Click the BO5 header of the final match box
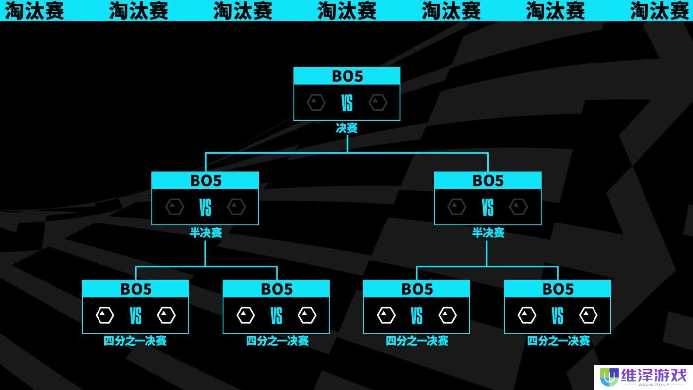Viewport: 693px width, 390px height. point(346,76)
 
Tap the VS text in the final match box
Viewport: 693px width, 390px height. point(346,104)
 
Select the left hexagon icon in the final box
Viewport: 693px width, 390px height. point(316,103)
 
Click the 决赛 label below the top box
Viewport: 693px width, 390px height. point(346,128)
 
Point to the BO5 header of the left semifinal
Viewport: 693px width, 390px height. point(205,181)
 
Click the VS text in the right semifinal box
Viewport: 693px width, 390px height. point(488,208)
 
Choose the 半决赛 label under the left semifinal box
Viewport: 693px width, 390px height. point(205,233)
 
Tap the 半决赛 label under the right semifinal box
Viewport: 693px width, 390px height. point(488,233)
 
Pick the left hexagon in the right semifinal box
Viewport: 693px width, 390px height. point(457,207)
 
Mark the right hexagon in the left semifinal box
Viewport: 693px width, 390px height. point(236,207)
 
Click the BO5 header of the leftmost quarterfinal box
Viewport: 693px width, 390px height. point(135,289)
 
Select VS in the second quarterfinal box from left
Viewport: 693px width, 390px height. point(276,316)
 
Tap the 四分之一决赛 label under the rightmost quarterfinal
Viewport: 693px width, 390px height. point(558,341)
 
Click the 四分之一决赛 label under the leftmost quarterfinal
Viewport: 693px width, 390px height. point(135,341)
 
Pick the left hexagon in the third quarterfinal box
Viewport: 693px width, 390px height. point(386,315)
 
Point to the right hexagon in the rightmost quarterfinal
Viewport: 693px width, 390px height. point(589,315)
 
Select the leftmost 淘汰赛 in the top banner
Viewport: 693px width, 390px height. point(35,10)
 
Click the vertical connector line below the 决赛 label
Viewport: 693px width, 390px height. point(347,144)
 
